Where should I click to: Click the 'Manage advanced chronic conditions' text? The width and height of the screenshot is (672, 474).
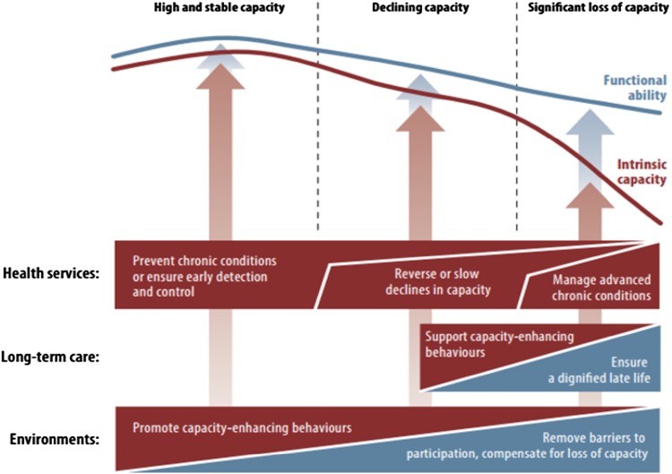[588, 285]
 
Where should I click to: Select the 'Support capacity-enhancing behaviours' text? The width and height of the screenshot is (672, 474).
[498, 344]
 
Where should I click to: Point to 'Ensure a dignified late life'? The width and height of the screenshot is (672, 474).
[605, 372]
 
